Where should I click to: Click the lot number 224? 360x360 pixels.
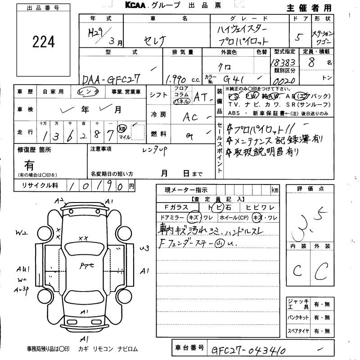(44, 42)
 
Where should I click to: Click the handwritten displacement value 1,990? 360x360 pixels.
(176, 79)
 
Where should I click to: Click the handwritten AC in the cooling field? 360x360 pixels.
(191, 117)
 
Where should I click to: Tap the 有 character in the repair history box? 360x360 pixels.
(29, 165)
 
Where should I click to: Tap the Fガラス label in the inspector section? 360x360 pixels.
(176, 207)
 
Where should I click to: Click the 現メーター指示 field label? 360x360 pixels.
(185, 190)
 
